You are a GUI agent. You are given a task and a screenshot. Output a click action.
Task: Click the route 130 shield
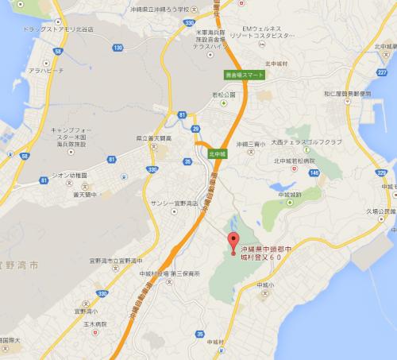click(118, 48)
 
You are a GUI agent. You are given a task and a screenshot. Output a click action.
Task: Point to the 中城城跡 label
click(291, 192)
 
